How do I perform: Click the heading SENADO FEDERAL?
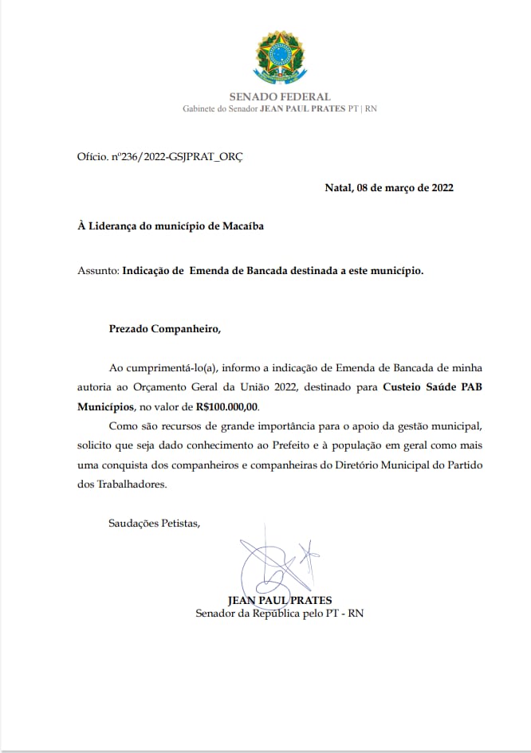coord(280,97)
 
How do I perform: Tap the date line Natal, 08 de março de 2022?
coord(389,188)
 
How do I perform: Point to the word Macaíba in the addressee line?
coord(239,226)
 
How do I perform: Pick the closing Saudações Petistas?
coord(154,524)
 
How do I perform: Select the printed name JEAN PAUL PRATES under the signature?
coord(280,600)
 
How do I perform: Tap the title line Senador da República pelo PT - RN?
coord(280,614)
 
